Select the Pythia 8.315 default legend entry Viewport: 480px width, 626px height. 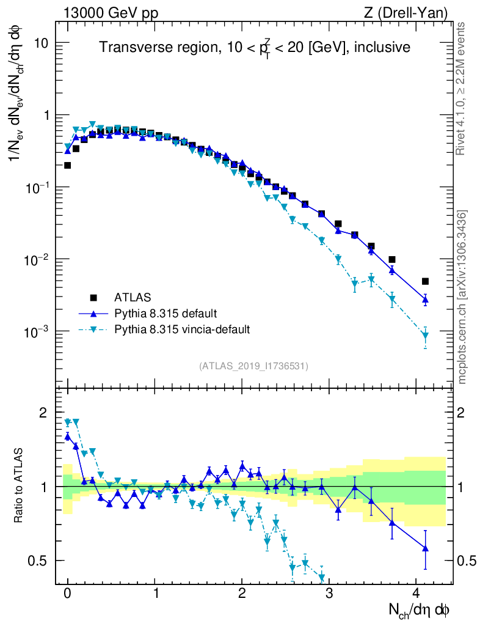point(165,314)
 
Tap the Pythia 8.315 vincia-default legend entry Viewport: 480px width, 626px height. point(182,330)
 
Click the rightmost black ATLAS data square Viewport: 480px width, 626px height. point(425,281)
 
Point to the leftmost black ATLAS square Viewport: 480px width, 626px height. point(67,165)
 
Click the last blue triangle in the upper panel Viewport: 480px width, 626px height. point(425,300)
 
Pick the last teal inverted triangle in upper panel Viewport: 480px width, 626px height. point(425,336)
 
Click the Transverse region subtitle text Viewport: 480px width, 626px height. point(255,47)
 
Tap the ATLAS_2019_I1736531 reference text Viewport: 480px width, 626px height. point(253,366)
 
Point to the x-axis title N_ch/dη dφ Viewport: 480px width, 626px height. point(420,609)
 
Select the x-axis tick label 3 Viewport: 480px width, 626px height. point(329,594)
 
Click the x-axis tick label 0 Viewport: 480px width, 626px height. point(67,594)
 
